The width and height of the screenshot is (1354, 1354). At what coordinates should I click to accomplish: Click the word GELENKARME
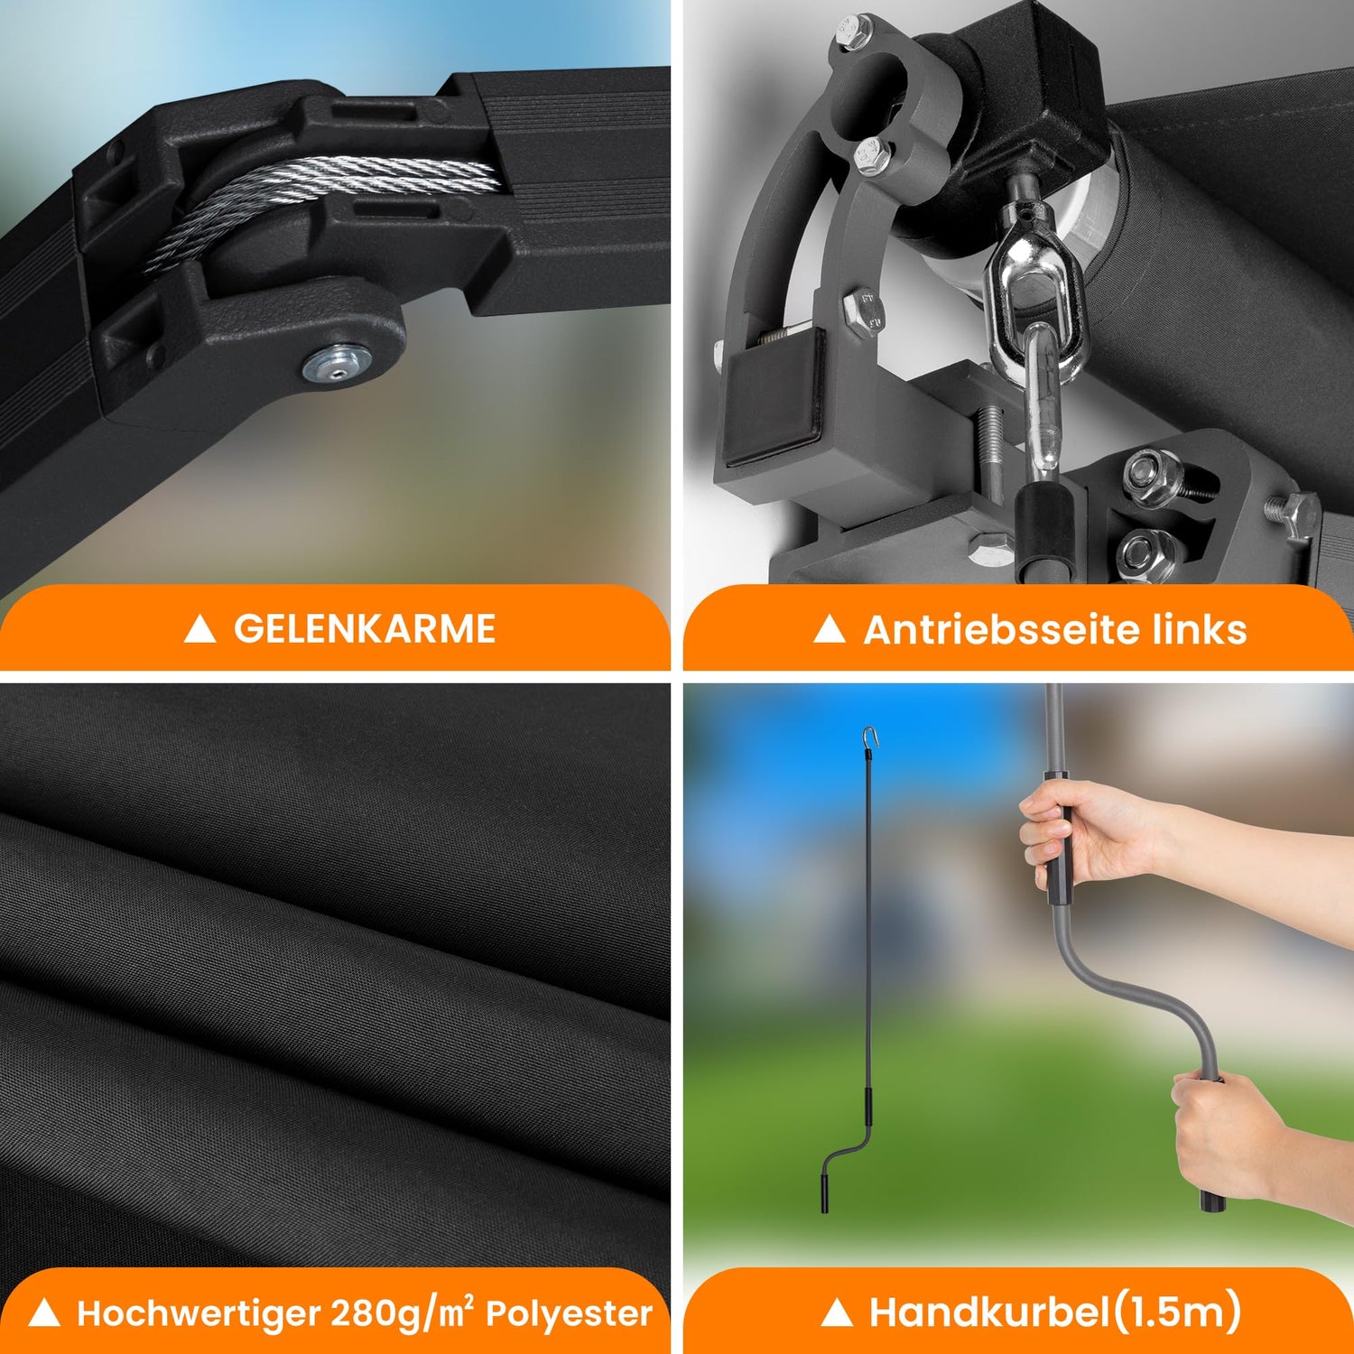pyautogui.click(x=365, y=629)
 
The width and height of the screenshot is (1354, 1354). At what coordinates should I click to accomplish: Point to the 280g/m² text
pyautogui.click(x=403, y=1312)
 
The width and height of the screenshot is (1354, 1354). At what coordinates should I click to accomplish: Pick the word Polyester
pyautogui.click(x=569, y=1314)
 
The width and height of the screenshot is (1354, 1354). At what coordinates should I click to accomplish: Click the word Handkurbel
pyautogui.click(x=989, y=1312)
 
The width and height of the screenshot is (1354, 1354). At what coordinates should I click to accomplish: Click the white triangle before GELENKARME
pyautogui.click(x=199, y=629)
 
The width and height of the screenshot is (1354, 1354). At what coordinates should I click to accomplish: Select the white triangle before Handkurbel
pyautogui.click(x=837, y=1313)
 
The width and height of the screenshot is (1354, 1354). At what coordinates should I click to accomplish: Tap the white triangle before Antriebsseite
pyautogui.click(x=830, y=629)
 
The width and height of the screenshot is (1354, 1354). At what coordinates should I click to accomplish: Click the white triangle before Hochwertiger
pyautogui.click(x=44, y=1314)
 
